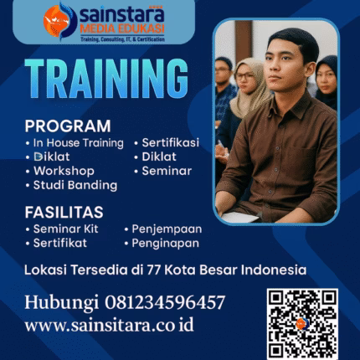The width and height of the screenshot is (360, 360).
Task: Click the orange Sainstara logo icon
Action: (59, 20)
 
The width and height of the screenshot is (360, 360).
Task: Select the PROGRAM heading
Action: (67, 126)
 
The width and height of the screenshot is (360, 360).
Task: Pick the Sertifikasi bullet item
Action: (170, 143)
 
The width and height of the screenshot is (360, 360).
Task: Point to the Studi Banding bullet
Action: (74, 185)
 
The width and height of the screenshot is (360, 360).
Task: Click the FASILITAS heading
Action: (64, 212)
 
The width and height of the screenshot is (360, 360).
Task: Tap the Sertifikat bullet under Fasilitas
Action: (65, 243)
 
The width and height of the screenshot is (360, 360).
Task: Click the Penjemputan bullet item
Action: (166, 229)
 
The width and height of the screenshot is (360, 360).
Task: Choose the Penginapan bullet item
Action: (166, 243)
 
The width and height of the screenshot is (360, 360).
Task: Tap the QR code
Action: (302, 323)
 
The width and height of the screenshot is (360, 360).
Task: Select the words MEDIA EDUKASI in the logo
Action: (124, 28)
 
